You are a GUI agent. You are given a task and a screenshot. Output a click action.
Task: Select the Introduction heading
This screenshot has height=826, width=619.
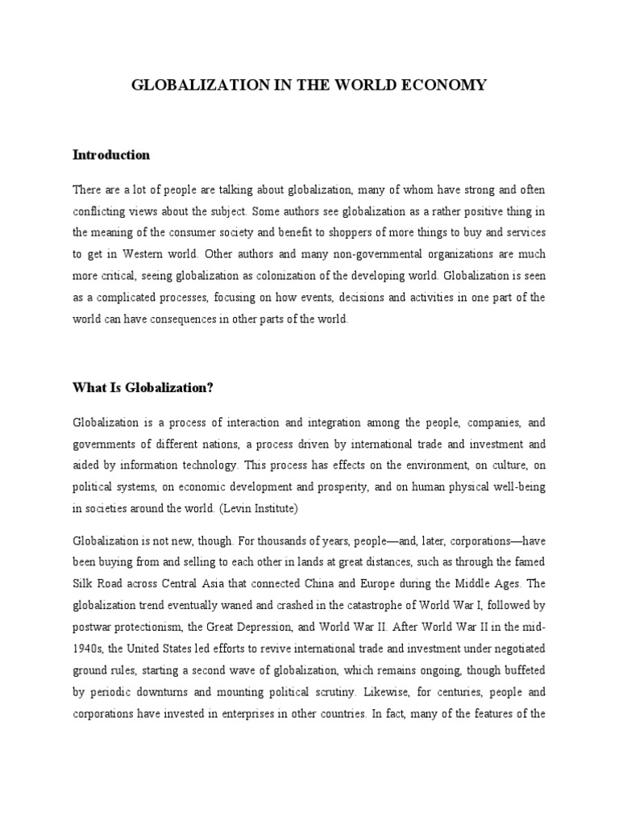[111, 155]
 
